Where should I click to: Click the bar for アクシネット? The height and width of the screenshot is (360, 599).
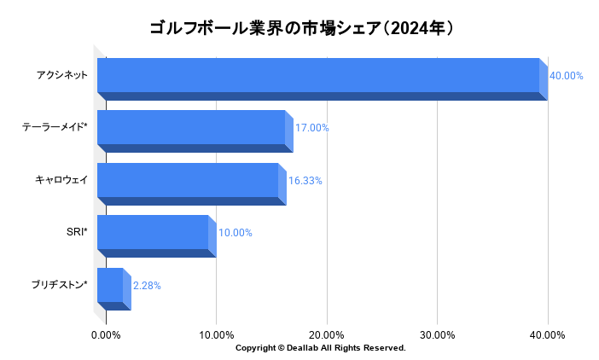pyautogui.click(x=320, y=76)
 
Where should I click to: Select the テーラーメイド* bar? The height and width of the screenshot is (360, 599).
pyautogui.click(x=193, y=128)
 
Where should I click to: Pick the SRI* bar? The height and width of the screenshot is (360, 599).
pyautogui.click(x=154, y=233)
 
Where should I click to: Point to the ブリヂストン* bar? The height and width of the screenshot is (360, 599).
pyautogui.click(x=112, y=286)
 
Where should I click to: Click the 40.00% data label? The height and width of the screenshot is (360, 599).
pyautogui.click(x=567, y=76)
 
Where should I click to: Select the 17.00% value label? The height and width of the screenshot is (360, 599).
pyautogui.click(x=312, y=128)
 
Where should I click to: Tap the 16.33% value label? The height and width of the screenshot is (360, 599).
pyautogui.click(x=305, y=181)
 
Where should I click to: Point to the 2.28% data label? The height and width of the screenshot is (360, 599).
pyautogui.click(x=147, y=286)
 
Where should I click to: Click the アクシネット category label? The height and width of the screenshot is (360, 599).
pyautogui.click(x=62, y=76)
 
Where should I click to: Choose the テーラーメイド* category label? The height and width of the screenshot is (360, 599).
pyautogui.click(x=55, y=128)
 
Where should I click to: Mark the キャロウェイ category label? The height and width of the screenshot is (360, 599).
pyautogui.click(x=61, y=181)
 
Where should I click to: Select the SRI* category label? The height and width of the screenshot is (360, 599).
pyautogui.click(x=77, y=233)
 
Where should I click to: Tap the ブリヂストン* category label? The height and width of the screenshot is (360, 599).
pyautogui.click(x=59, y=286)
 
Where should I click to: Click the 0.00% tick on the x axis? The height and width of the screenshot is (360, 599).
pyautogui.click(x=106, y=334)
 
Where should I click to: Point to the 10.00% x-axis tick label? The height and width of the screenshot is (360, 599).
pyautogui.click(x=216, y=334)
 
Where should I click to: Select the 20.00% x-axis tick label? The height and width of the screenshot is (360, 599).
pyautogui.click(x=327, y=334)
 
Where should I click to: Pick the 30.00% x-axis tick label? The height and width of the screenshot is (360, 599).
pyautogui.click(x=437, y=334)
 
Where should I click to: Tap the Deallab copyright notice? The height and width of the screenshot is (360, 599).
pyautogui.click(x=320, y=348)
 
